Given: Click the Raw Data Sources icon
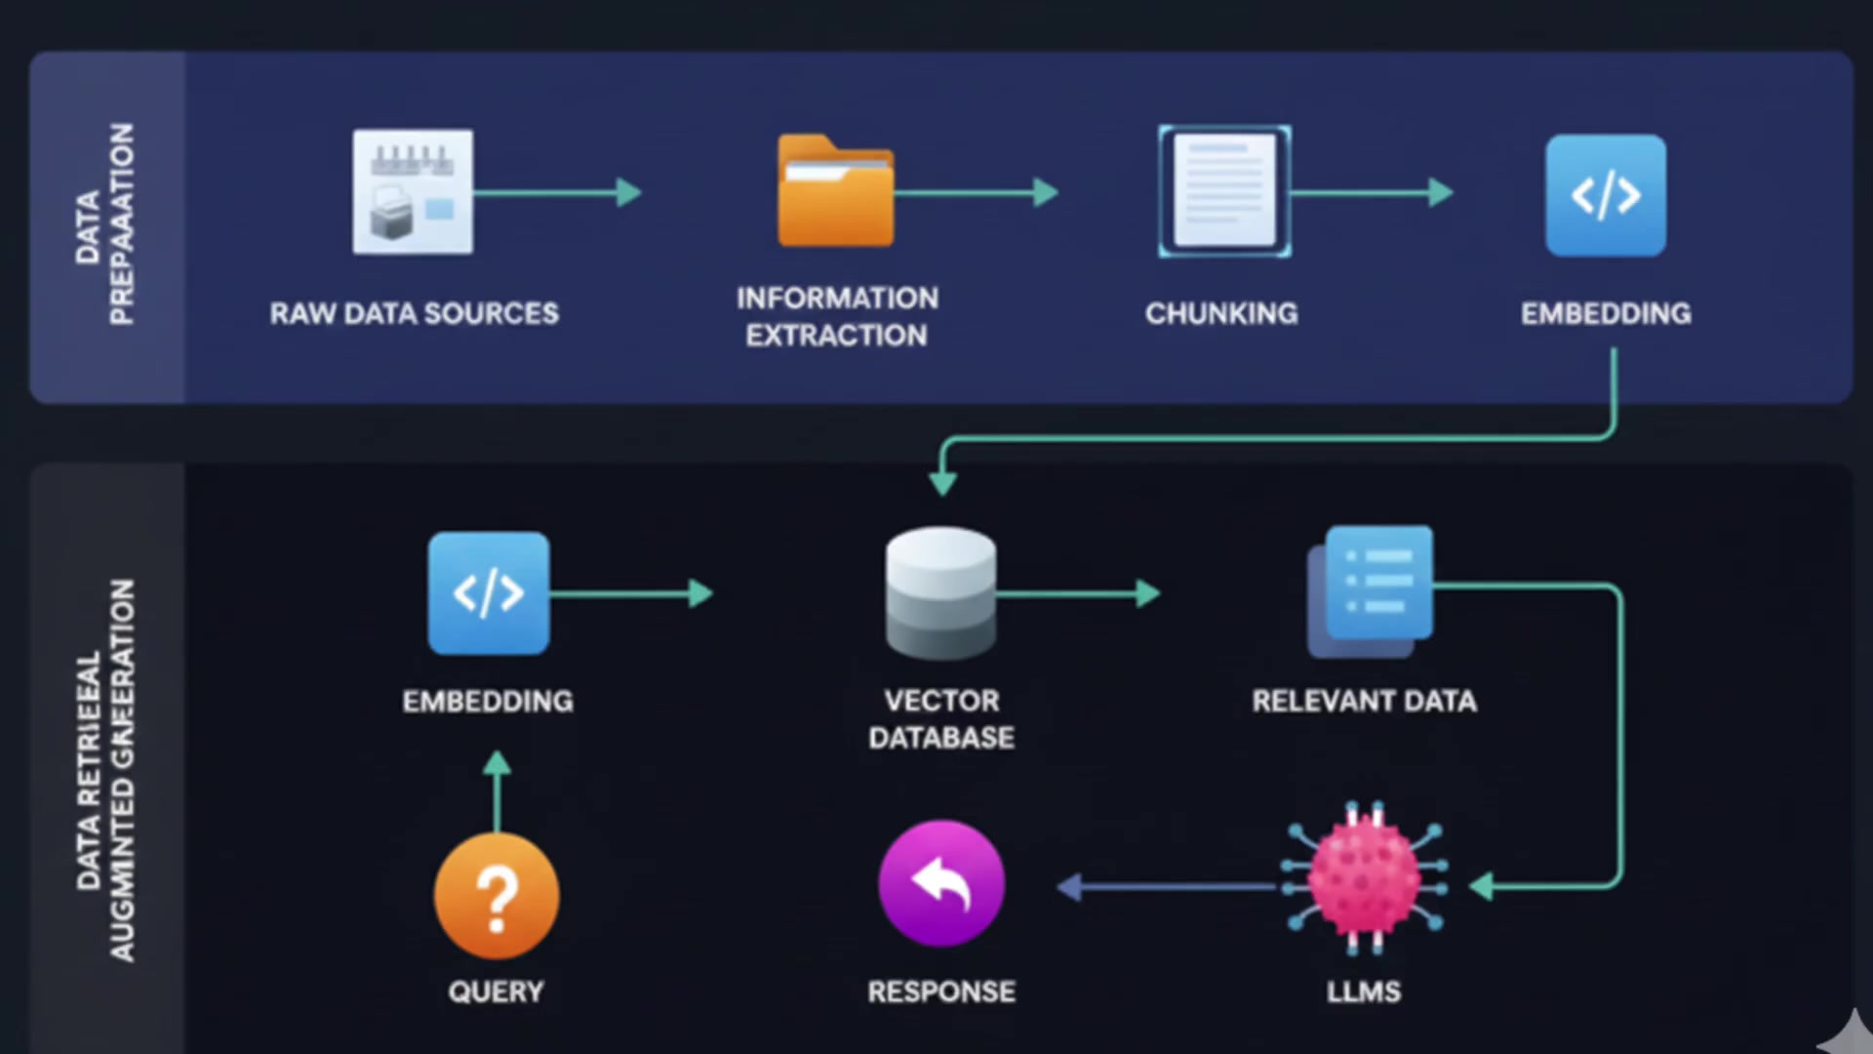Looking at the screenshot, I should [413, 192].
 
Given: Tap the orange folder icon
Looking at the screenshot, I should [835, 192].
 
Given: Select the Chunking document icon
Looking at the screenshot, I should [1224, 191].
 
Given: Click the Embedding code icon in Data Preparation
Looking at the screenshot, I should [1606, 195].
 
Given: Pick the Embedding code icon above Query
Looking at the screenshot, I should [489, 593].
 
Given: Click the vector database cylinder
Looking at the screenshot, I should [941, 593].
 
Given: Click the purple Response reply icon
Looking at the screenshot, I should [941, 883].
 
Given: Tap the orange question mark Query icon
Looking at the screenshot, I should [497, 896].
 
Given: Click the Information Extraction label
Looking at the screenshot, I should [837, 316].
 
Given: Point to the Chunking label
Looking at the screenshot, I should [1221, 313].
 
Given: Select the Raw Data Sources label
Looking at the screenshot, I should [415, 313].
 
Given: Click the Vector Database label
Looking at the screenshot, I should [941, 718].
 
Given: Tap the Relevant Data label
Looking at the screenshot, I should [1364, 701].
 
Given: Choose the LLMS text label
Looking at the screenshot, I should [1364, 992].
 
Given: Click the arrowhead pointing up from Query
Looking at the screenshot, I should [497, 763].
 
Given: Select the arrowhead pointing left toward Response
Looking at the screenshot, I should [1070, 886].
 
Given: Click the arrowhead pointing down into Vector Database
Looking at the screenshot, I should [942, 482].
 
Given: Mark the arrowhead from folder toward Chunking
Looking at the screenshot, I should [1046, 192].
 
